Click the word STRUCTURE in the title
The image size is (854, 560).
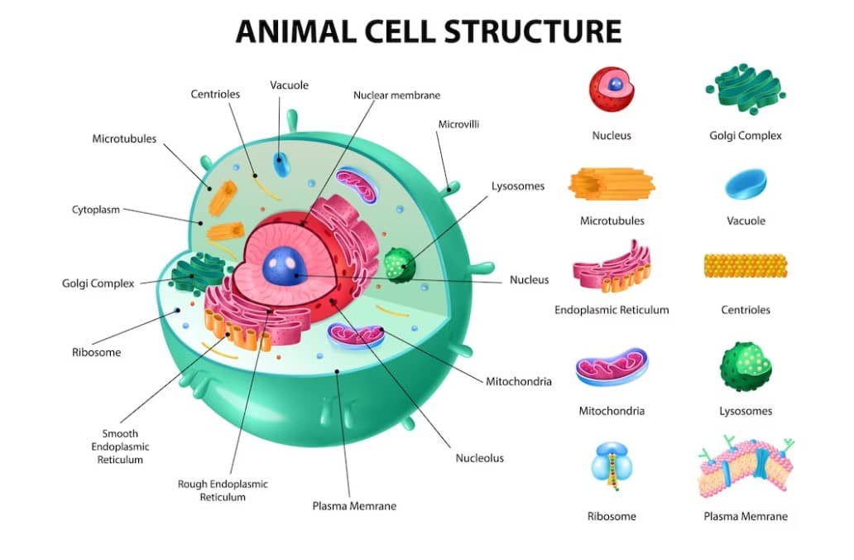(533, 31)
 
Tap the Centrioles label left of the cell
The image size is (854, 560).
(215, 94)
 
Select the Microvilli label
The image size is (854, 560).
(458, 124)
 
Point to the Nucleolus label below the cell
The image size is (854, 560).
(479, 457)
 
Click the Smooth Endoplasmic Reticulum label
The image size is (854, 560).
(120, 447)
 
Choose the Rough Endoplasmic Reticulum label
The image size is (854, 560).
(223, 490)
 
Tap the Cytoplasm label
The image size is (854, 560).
(96, 210)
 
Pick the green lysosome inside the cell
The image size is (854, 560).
(401, 266)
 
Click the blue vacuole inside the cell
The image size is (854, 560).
(282, 164)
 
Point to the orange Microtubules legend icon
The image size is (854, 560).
(611, 185)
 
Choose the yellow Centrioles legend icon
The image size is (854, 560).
(745, 265)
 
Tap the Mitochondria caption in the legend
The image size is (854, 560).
(612, 410)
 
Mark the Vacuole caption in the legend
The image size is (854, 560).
(746, 221)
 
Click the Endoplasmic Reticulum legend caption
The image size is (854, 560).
(612, 310)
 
